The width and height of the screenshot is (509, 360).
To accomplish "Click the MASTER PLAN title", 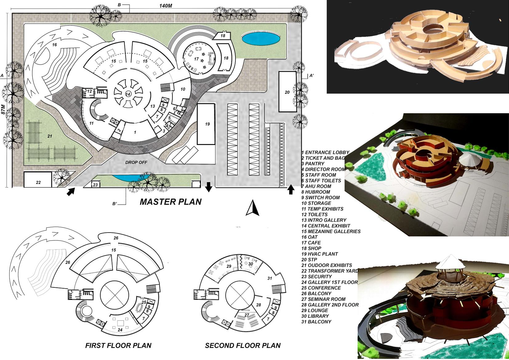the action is [x=171, y=202].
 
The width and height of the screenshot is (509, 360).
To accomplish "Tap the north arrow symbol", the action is [x=252, y=208].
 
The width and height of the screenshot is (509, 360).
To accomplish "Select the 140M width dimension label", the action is [x=166, y=6].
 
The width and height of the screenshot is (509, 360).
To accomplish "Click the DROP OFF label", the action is [x=136, y=162].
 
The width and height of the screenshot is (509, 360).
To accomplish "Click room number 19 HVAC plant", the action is [x=207, y=124].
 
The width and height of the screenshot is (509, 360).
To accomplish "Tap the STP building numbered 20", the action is [x=287, y=92].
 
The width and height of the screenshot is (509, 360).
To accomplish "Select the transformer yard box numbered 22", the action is [x=38, y=182].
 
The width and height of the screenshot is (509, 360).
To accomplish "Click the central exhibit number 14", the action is [x=128, y=94].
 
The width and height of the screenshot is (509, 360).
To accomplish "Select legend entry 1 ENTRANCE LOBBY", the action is [x=325, y=152].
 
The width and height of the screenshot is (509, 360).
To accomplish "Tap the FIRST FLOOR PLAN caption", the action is [x=118, y=346].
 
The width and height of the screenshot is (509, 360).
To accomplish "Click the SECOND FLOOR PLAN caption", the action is [x=243, y=346].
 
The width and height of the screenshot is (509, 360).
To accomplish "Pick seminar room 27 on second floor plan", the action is [x=247, y=315].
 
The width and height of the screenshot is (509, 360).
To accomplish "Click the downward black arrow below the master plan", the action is [x=209, y=187].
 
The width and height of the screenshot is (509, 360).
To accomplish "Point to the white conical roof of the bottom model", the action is [x=451, y=262].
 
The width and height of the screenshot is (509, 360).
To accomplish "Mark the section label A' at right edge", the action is [x=311, y=75].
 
